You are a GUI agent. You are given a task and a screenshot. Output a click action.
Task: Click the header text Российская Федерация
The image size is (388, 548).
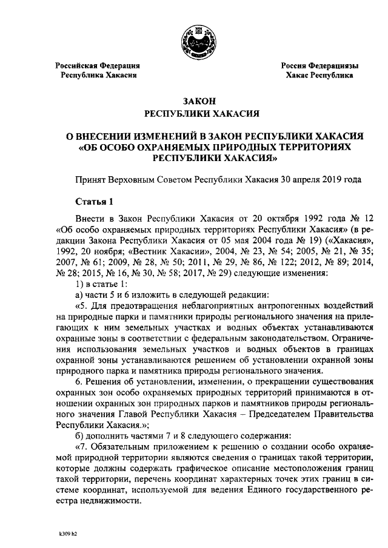pyautogui.click(x=98, y=65)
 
